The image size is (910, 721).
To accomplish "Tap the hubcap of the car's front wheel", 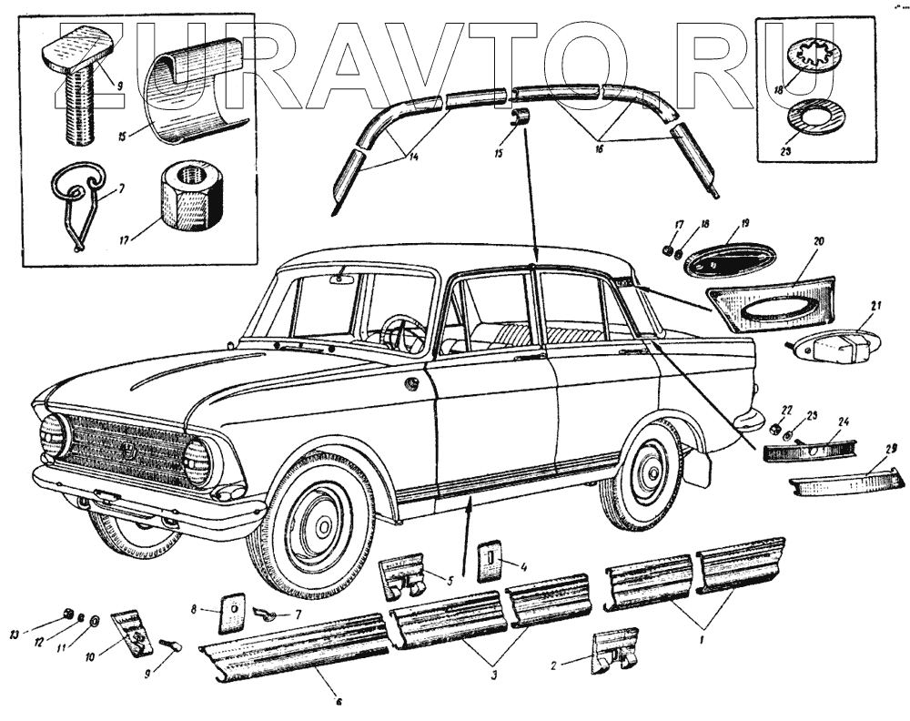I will (x=320, y=522).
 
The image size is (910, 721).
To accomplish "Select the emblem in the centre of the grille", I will (x=126, y=450).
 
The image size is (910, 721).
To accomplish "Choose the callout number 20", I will (x=818, y=241).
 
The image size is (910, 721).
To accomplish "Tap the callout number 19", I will (x=745, y=223).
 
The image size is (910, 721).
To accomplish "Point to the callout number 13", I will (x=14, y=634).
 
